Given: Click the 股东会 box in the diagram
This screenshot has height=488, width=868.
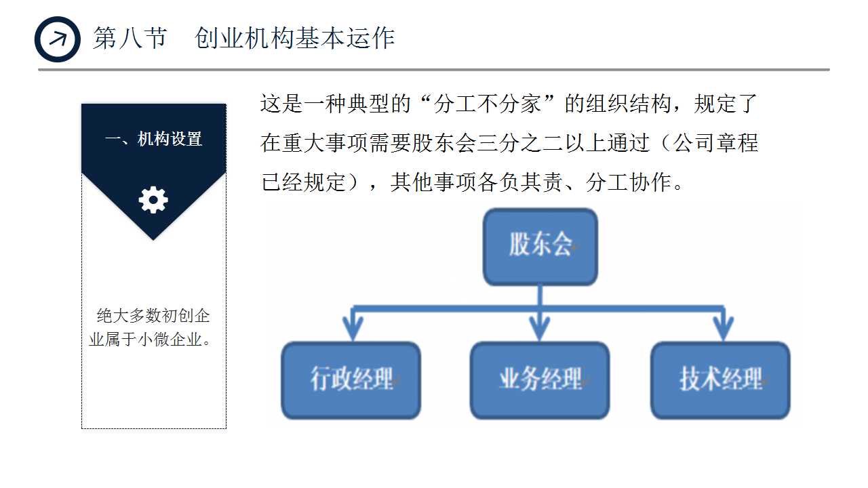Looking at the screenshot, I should click(x=540, y=246).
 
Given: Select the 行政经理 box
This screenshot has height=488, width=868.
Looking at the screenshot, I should click(x=351, y=380).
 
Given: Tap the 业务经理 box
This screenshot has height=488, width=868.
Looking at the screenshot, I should click(x=540, y=380).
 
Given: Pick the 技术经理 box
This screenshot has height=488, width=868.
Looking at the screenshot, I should click(x=720, y=380).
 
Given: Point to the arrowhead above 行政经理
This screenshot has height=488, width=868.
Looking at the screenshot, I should click(x=352, y=328).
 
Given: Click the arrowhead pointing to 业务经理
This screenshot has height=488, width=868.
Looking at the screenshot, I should click(x=540, y=328).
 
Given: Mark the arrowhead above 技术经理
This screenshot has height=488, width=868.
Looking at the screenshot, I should click(x=724, y=328).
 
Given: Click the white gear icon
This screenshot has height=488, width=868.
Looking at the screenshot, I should click(x=153, y=200).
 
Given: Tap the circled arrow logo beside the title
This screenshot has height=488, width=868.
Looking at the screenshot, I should click(x=58, y=39).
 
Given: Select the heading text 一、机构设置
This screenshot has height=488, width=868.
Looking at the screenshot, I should click(x=153, y=139).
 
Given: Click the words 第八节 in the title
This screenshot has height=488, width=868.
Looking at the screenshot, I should click(x=130, y=39).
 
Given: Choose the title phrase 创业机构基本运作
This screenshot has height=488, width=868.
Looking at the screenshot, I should click(x=294, y=39).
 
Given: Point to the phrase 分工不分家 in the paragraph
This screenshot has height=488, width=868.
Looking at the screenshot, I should click(x=487, y=105).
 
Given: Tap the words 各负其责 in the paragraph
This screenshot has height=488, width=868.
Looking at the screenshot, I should click(x=520, y=182).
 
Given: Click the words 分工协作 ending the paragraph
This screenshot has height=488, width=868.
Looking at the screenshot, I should click(x=629, y=182).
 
